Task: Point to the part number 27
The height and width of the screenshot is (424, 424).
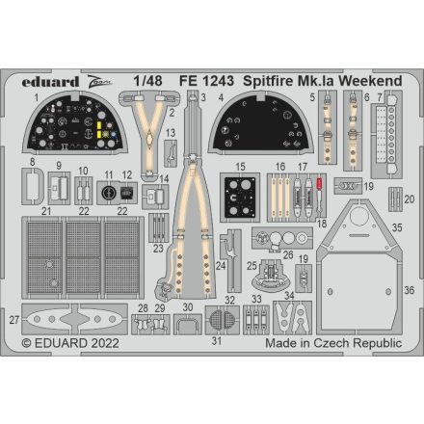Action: coord(14,319)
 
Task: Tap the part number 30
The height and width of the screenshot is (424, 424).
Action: coord(187,307)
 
